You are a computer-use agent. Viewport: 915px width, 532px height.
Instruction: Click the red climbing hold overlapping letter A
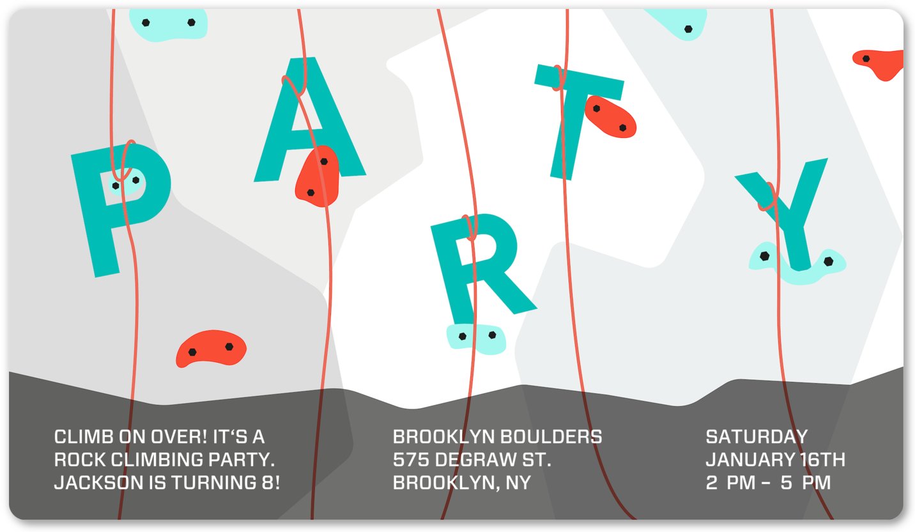(x=318, y=176)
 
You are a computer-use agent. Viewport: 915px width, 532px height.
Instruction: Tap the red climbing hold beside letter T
(x=610, y=117)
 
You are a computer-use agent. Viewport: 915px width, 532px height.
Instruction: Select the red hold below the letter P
(x=211, y=348)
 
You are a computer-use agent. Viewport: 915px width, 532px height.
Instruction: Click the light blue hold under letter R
(x=476, y=338)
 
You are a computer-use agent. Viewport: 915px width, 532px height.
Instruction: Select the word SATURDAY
(x=757, y=437)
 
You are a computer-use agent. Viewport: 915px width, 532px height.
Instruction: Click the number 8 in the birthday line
(x=268, y=483)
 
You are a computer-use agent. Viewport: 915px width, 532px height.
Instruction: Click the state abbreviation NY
(x=518, y=483)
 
